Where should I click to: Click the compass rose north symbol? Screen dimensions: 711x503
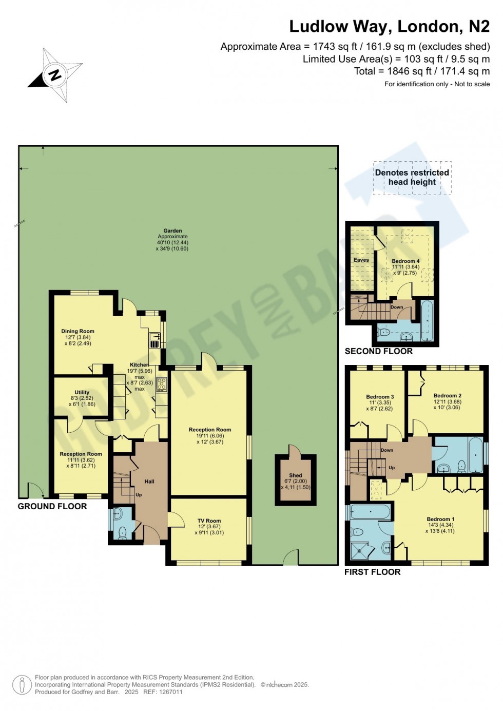pos(54,75)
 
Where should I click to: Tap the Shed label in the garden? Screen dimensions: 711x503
pos(296,475)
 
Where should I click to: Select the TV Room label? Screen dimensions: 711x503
pos(209,521)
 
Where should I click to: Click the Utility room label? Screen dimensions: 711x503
pos(82,392)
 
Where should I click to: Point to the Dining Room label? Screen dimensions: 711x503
pos(78,331)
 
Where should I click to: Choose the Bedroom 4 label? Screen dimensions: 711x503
pos(405,261)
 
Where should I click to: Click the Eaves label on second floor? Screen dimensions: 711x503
pos(361,260)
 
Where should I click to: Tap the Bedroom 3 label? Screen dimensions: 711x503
pos(380,397)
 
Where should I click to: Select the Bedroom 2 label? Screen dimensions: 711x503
pos(448,395)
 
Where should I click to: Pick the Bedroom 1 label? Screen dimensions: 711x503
pos(440,519)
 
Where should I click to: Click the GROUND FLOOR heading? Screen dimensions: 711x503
pos(52,506)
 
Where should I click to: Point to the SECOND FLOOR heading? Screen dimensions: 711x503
pos(379,351)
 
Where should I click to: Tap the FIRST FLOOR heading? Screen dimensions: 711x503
pos(372,572)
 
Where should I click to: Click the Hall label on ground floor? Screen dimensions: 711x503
pos(149,482)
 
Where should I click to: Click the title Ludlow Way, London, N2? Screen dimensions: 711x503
pos(389,26)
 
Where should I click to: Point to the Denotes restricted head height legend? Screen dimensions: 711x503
pos(412,177)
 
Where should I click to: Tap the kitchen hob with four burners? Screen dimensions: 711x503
pos(162,385)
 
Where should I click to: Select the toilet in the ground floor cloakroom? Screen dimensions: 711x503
pos(123,532)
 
